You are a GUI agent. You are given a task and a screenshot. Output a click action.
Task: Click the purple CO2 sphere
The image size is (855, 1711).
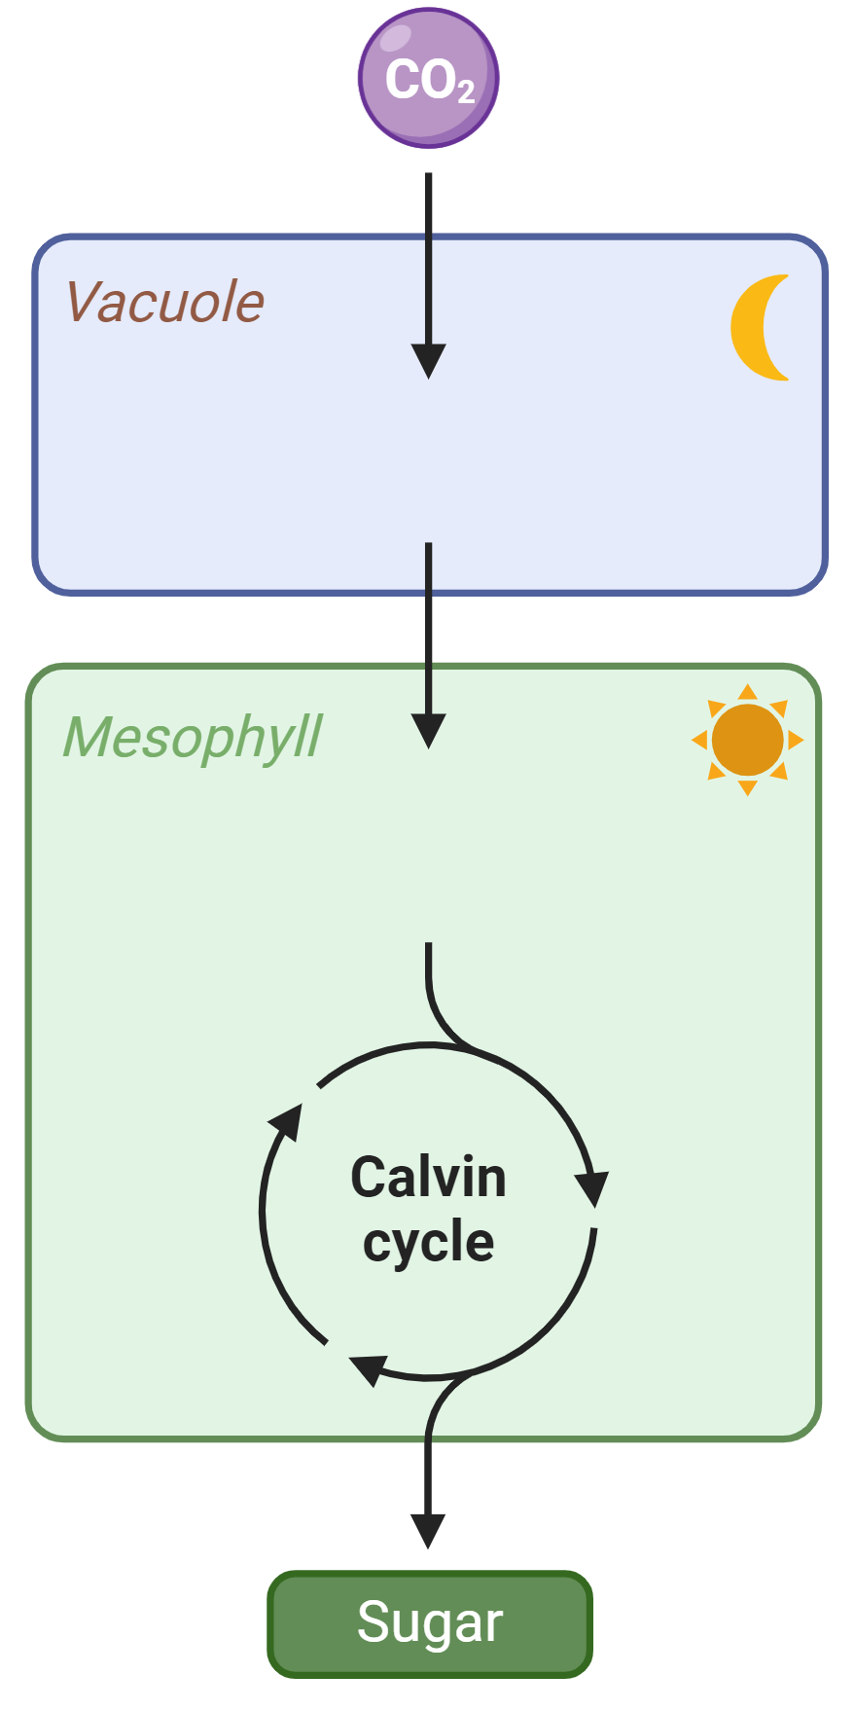point(428,78)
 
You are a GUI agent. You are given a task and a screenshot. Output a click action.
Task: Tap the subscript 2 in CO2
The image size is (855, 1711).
point(466,92)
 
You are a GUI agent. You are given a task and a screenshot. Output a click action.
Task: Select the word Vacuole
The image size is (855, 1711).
point(164,302)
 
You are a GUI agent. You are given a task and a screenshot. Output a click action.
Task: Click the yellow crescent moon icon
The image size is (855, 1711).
point(758,327)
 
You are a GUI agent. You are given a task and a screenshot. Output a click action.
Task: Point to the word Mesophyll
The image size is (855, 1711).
point(192,738)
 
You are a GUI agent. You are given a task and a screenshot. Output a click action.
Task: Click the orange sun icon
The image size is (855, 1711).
point(747,740)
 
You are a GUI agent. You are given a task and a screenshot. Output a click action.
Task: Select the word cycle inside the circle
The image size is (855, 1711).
point(428,1243)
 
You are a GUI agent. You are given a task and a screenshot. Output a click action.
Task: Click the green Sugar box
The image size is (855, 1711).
point(430,1623)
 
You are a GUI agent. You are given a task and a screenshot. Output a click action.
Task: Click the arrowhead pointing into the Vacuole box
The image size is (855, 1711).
point(428,361)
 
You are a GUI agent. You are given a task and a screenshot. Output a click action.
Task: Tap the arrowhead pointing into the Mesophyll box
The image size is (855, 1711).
point(428,731)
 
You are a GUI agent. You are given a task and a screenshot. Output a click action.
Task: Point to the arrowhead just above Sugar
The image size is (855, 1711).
point(428,1531)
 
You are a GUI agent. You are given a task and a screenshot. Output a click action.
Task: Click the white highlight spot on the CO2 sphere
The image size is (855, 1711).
point(396,37)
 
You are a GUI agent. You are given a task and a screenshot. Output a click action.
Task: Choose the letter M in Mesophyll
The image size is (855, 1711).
point(91,737)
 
